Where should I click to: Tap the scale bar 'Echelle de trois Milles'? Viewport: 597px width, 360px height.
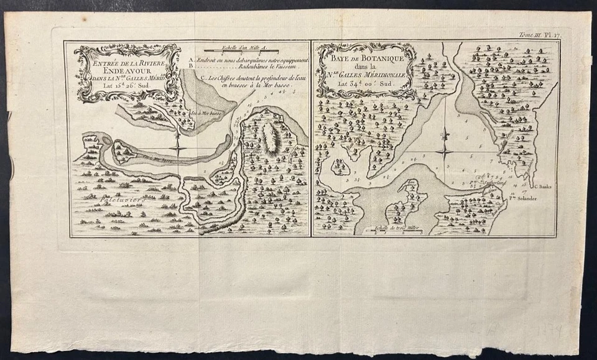click(x=394, y=231)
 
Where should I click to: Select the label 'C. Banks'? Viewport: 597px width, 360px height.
click(x=541, y=185)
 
